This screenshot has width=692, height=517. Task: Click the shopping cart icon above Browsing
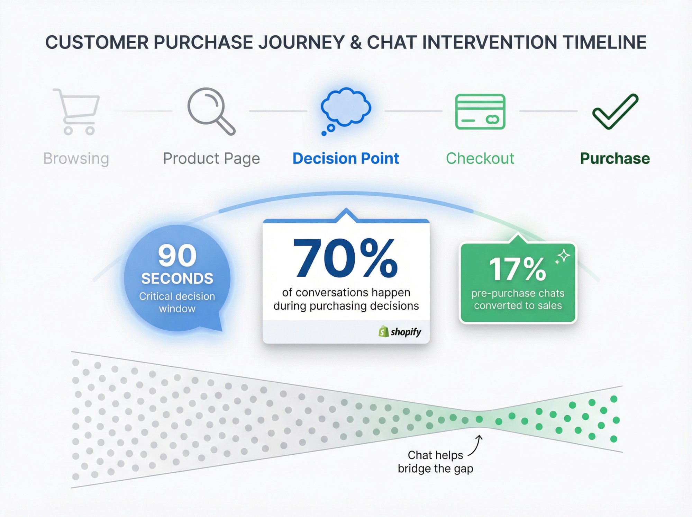coord(77,112)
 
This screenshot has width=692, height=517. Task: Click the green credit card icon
coord(480,112)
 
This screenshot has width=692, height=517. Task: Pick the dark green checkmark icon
coord(615,112)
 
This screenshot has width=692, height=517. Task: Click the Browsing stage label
coord(76,159)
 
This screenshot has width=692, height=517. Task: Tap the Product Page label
coord(211,159)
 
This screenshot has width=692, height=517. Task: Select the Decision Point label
coord(346,159)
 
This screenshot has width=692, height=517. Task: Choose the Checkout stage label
coord(480,159)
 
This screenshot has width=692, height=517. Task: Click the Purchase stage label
coord(615,159)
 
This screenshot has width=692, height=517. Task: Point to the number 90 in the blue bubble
coord(177,256)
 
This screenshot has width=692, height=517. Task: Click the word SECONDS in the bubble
coord(177,279)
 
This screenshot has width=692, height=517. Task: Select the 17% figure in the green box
coord(517,269)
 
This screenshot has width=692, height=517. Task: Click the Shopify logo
coord(400,332)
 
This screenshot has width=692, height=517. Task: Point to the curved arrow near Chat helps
coord(476,446)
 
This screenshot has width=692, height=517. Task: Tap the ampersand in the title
coord(355,43)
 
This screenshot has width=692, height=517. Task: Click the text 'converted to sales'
coord(518,305)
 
